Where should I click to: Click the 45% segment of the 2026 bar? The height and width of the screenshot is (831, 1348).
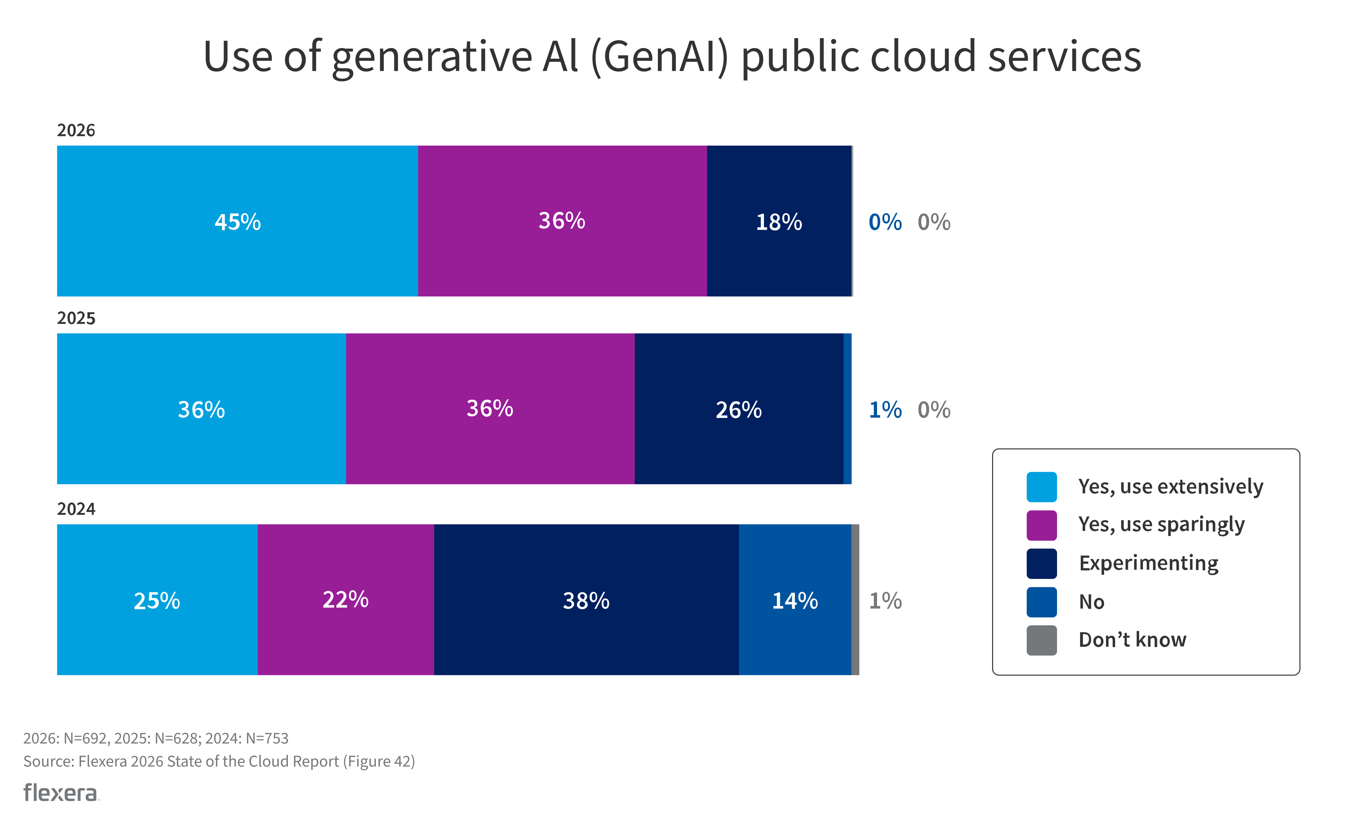click(237, 221)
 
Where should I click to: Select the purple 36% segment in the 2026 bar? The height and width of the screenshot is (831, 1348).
click(562, 221)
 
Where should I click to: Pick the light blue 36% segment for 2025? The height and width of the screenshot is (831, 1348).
click(201, 409)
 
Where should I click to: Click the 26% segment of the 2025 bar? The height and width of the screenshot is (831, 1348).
click(738, 409)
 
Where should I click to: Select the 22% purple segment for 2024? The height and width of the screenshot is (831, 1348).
click(345, 600)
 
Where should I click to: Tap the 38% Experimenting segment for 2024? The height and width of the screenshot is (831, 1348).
click(586, 600)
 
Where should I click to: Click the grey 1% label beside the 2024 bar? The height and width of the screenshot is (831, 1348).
click(885, 601)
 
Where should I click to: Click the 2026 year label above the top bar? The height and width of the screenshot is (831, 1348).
click(76, 130)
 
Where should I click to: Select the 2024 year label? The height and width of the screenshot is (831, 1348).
click(76, 509)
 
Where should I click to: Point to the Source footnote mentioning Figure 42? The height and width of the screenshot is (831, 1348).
click(219, 761)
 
